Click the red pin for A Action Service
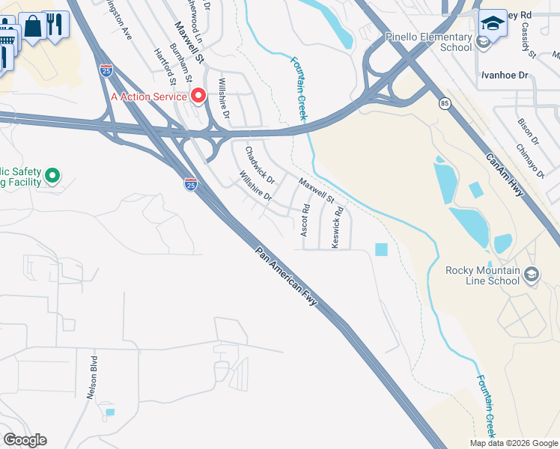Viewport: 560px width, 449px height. point(198,96)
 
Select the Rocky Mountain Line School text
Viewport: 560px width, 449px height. point(482,275)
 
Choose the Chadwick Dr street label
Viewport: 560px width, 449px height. point(260,165)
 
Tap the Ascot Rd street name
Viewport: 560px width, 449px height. point(305,221)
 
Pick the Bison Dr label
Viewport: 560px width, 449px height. point(528,124)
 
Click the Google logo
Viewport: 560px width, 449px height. point(25,440)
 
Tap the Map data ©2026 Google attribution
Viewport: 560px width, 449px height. point(514,443)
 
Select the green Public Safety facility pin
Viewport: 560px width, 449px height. point(52,177)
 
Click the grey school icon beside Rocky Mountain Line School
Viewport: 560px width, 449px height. point(532,275)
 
